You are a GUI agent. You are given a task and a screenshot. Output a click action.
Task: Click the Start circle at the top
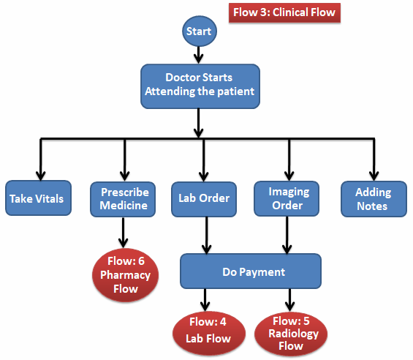click(x=199, y=31)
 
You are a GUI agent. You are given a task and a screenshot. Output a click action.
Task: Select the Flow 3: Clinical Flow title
click(x=285, y=12)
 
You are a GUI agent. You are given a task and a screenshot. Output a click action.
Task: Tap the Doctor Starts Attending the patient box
click(x=200, y=84)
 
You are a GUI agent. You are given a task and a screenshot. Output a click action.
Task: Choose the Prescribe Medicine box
click(x=124, y=198)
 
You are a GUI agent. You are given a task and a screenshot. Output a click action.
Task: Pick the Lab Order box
click(x=204, y=198)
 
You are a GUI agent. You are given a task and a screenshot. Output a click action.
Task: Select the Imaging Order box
click(x=289, y=198)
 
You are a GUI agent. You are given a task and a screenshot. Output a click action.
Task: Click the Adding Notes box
click(x=374, y=198)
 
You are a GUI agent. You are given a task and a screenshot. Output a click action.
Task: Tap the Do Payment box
click(x=250, y=271)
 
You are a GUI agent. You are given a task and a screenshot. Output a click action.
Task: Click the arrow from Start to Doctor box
click(x=199, y=55)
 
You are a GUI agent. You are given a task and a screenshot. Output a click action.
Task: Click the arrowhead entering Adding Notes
click(x=374, y=173)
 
